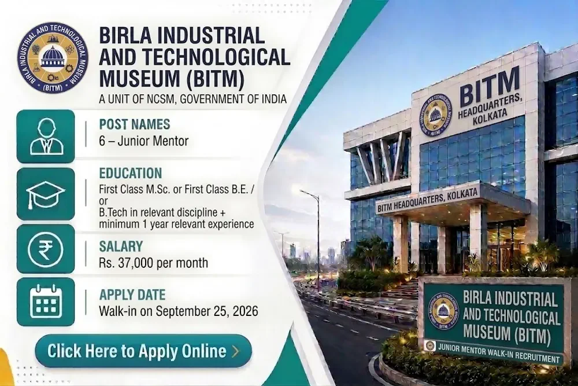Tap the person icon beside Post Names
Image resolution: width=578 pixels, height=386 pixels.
pos(46,136)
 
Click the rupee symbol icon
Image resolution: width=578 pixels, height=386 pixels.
pos(46,249)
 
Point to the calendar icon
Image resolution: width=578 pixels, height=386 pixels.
pos(46,302)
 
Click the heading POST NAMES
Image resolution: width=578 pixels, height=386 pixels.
pos(135,124)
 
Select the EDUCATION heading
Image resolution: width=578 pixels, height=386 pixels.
pos(131,174)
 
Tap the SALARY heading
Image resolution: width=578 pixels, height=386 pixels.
pos(121,246)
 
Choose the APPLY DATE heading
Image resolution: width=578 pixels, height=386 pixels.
pos(132,295)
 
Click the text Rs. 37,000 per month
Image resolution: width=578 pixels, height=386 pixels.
pos(153,263)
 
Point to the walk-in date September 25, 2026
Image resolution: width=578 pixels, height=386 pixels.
pos(207,311)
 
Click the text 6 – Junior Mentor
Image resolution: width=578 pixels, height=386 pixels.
pos(144,141)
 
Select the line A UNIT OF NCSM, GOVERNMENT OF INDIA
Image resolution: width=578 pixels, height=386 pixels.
pos(193,99)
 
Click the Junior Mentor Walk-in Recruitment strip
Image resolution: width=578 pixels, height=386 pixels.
pos(493,352)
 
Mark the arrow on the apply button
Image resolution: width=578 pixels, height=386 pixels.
pos(236,351)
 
